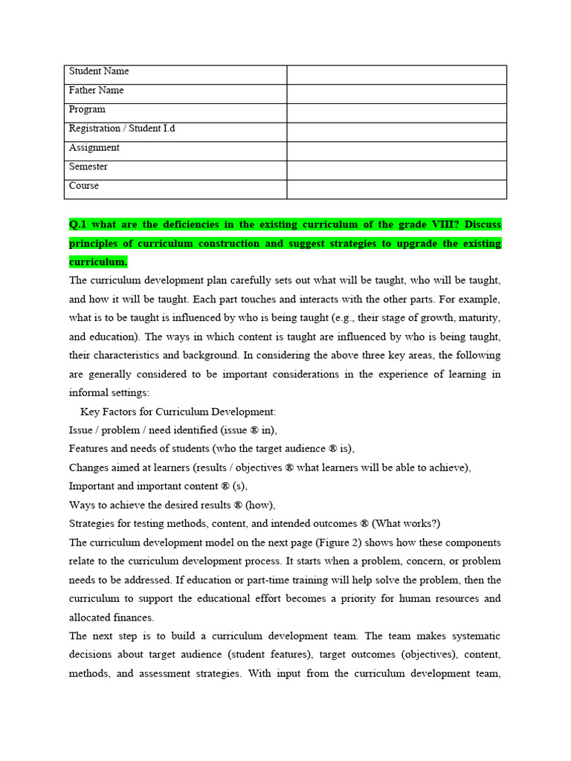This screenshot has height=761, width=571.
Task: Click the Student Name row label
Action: pos(99,71)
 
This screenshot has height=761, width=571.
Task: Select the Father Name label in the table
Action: pos(97,91)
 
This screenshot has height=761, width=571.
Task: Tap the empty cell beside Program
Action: pos(396,113)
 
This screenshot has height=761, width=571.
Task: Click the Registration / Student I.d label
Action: pos(122,129)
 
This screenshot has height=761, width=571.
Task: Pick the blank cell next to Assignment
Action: pos(396,151)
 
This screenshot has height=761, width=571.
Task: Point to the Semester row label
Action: pos(88,167)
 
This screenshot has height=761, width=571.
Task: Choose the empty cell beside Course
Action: pos(396,189)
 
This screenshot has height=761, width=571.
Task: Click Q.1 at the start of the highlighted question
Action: pos(79,224)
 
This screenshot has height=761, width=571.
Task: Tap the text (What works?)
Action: pos(411,524)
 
